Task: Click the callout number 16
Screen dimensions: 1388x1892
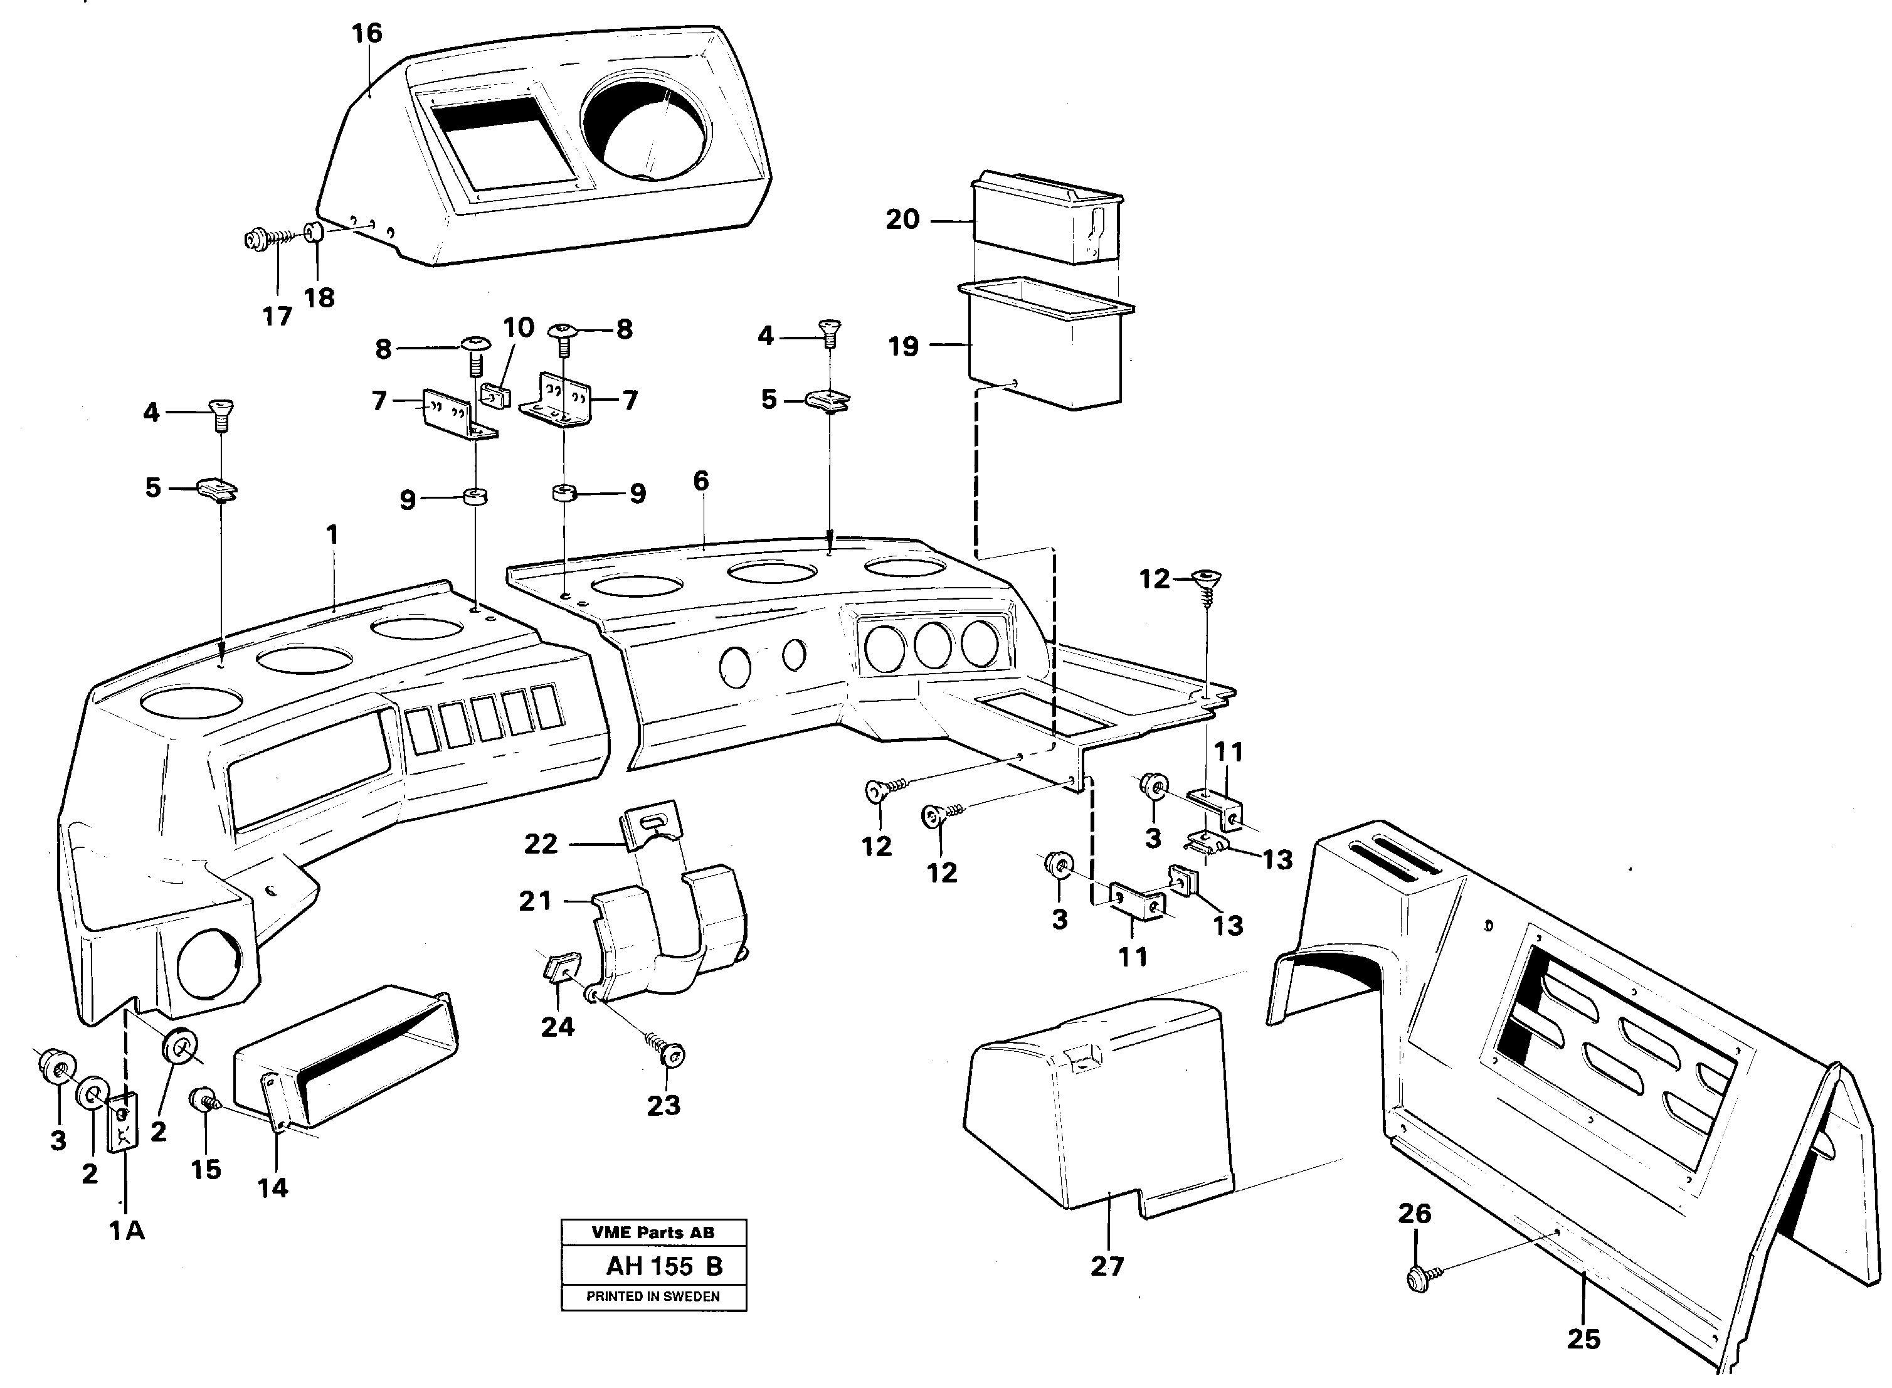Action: click(366, 34)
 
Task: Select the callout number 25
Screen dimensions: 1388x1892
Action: click(1583, 1338)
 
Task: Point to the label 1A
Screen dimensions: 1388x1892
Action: click(127, 1231)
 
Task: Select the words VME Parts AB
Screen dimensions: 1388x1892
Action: click(653, 1232)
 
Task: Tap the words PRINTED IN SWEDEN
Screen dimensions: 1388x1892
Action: click(653, 1296)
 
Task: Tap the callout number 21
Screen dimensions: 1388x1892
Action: click(535, 901)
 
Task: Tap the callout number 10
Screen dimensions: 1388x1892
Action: click(519, 327)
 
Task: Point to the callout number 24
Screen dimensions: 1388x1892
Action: click(557, 1026)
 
